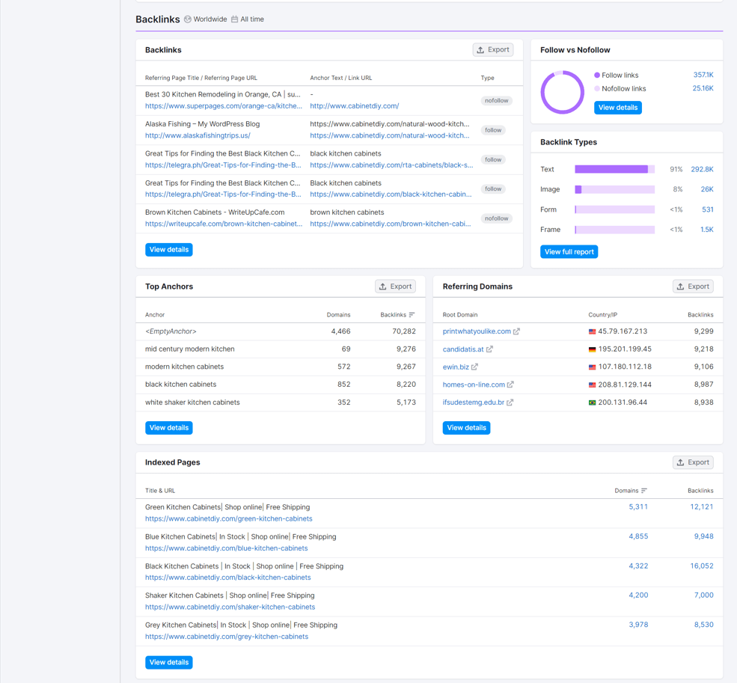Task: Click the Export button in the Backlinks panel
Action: (493, 50)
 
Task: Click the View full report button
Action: (569, 252)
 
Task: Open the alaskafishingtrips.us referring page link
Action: (198, 135)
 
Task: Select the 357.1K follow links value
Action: (703, 75)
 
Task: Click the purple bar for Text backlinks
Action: (611, 169)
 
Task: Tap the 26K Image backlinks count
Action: (707, 189)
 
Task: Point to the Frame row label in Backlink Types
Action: (550, 230)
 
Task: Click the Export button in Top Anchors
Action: (395, 287)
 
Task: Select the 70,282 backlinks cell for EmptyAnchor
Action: (404, 331)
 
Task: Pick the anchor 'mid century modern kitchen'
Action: (189, 349)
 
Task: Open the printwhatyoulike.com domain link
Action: (477, 331)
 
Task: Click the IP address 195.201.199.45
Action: (625, 349)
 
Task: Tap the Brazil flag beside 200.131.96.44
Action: (593, 402)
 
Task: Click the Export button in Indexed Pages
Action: (693, 462)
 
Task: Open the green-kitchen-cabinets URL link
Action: (228, 518)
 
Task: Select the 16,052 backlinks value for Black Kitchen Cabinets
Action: (702, 566)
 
